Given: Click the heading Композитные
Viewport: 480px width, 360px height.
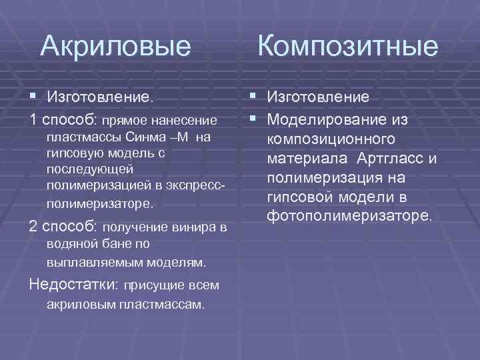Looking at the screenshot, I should pyautogui.click(x=347, y=47).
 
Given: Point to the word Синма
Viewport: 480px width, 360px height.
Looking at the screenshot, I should pyautogui.click(x=163, y=137).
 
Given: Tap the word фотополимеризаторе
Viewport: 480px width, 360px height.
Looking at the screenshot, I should pyautogui.click(x=349, y=217).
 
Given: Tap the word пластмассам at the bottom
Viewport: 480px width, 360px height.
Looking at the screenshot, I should pyautogui.click(x=169, y=304).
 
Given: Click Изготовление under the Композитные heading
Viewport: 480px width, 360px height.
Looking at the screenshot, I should pyautogui.click(x=319, y=97).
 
